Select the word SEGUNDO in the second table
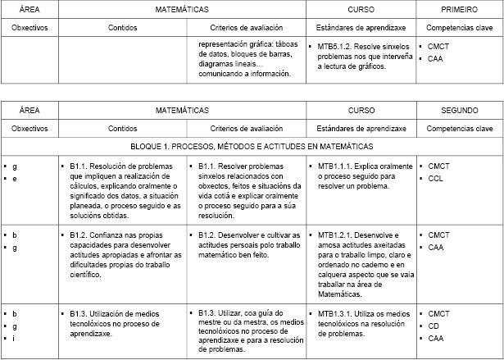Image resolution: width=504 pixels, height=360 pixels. tap(460, 110)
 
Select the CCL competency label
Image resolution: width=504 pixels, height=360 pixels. tap(435, 179)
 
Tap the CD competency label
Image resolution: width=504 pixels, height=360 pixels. tap(433, 326)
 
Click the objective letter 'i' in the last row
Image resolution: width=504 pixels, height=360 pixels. tap(14, 338)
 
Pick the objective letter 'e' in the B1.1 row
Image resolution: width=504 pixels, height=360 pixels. tap(15, 179)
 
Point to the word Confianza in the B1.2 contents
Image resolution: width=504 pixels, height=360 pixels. tap(108, 235)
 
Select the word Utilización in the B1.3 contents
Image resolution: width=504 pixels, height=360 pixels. tap(110, 313)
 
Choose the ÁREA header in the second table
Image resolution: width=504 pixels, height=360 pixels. tap(30, 110)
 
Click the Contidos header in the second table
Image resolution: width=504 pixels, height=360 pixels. tap(122, 129)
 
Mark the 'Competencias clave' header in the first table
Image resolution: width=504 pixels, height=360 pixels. tap(460, 28)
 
